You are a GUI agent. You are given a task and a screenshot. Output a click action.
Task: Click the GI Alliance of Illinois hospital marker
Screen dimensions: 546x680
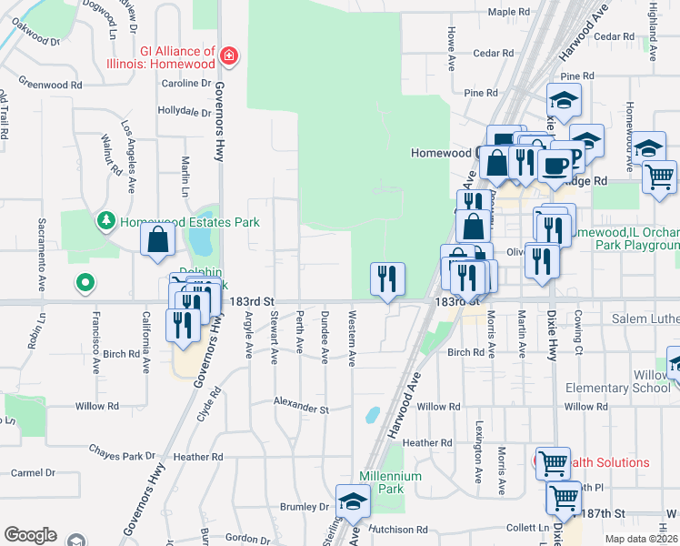tap(228, 57)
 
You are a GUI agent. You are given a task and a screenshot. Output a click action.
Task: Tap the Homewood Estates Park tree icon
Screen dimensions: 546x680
tap(107, 221)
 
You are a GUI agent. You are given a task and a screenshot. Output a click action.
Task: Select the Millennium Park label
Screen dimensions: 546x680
tap(391, 482)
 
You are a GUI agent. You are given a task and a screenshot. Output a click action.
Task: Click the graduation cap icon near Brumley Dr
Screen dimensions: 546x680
tap(353, 501)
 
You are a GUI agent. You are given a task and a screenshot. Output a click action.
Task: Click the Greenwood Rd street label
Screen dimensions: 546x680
tap(50, 85)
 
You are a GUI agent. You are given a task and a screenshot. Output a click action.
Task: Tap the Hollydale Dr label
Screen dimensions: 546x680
tap(184, 111)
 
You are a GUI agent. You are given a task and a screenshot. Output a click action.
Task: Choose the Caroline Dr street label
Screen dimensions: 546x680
tap(186, 83)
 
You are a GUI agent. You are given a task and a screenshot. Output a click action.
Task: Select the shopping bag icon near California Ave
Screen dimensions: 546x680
tap(158, 240)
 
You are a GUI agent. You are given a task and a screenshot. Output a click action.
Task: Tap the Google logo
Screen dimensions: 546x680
tap(30, 535)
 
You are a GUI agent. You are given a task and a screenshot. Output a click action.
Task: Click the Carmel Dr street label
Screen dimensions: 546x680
tap(33, 473)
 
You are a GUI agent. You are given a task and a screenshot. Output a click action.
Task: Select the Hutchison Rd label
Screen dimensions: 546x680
tap(398, 529)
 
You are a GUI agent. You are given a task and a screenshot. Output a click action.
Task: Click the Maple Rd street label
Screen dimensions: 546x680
tap(508, 12)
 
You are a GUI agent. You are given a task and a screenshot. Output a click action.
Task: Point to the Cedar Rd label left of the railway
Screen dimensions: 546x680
tap(495, 54)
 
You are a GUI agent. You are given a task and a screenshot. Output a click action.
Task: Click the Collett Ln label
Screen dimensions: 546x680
tap(527, 528)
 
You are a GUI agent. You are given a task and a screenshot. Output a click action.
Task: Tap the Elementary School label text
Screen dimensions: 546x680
tap(617, 388)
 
